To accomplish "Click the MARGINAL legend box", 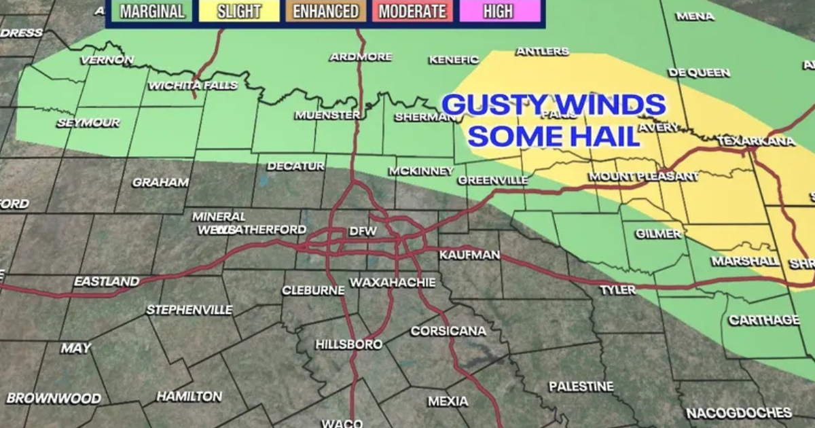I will (152, 12).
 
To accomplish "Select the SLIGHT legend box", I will (239, 12).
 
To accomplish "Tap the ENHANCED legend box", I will (326, 12).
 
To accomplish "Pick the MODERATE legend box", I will (413, 12).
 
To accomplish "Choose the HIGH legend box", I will (498, 12).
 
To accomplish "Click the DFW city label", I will (363, 232).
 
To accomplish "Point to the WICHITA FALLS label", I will (193, 85).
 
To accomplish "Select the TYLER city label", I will (618, 290).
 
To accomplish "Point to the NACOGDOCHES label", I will (739, 412).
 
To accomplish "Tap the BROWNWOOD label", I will (54, 398).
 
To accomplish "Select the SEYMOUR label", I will (88, 123).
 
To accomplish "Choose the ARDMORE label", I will (361, 57).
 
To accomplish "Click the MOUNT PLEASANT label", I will (643, 177).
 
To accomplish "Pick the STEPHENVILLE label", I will (189, 310).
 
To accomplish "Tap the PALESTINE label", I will (581, 387).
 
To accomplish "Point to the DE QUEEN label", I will (699, 73).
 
